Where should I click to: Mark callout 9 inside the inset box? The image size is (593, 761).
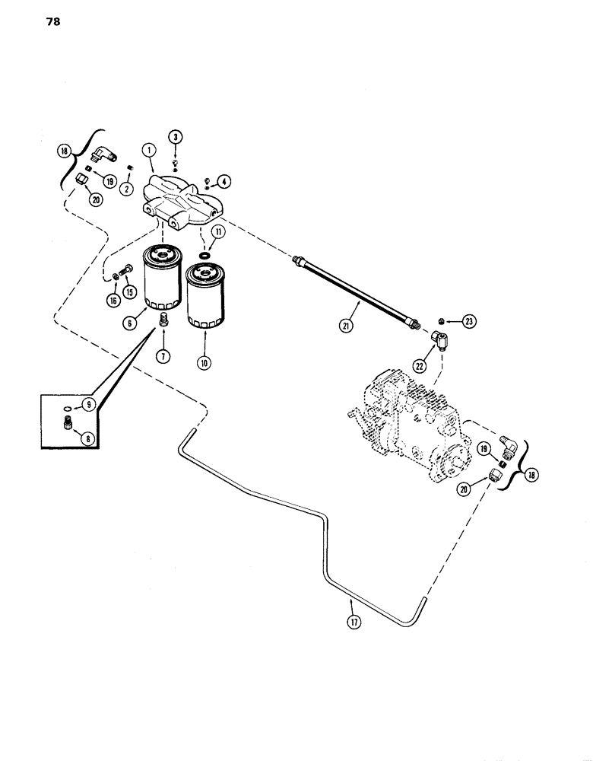(x=90, y=406)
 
